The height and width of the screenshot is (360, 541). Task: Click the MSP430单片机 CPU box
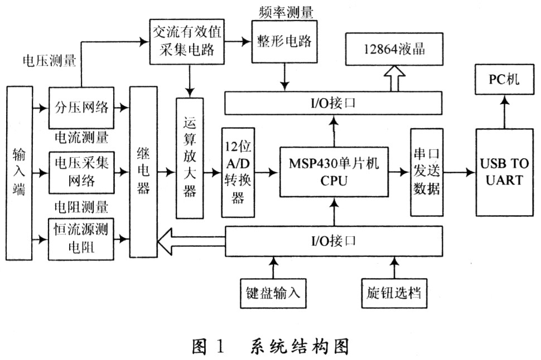(x=334, y=173)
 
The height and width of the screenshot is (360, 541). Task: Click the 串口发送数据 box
(x=426, y=172)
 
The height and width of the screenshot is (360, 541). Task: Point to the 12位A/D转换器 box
(x=238, y=172)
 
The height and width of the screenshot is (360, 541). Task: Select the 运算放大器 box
(x=190, y=158)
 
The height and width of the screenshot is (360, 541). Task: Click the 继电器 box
(x=143, y=172)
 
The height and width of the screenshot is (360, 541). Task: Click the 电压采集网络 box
(x=82, y=172)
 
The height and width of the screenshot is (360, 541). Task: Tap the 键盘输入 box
(x=273, y=291)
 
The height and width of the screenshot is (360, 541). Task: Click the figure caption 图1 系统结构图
(x=270, y=346)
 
